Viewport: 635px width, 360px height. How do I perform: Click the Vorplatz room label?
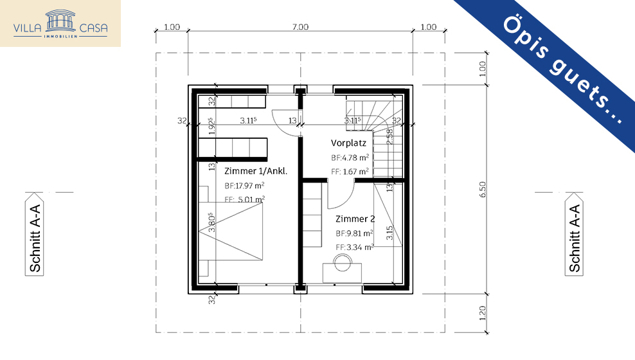pos(348,143)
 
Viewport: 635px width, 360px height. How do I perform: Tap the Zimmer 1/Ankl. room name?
pos(255,171)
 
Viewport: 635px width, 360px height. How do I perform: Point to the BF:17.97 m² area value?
pos(244,186)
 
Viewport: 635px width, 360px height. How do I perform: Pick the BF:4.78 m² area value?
pos(350,157)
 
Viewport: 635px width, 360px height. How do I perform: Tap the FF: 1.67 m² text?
pos(350,172)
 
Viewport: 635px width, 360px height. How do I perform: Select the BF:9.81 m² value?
pos(354,233)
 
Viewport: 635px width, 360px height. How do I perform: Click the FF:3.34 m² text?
pos(354,248)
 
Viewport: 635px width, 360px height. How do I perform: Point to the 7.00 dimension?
pos(300,27)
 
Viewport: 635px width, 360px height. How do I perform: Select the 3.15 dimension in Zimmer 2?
pos(389,233)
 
